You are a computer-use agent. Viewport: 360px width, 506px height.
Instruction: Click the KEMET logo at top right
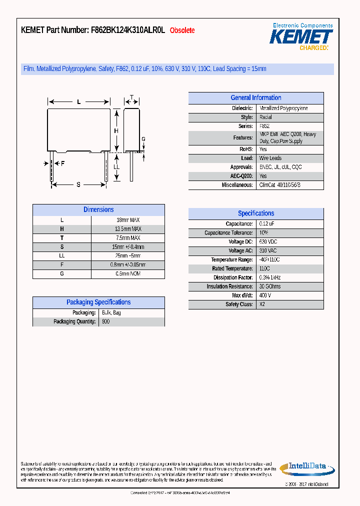(301, 36)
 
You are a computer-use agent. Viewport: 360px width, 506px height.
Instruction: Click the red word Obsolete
(182, 30)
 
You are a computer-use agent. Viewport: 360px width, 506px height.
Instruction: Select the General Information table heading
(255, 98)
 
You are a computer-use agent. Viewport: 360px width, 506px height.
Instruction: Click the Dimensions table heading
(98, 210)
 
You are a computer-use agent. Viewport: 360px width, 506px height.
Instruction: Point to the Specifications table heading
(255, 213)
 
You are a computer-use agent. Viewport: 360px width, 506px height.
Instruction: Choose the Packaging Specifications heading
(98, 302)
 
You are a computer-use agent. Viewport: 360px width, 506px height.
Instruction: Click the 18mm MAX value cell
(128, 220)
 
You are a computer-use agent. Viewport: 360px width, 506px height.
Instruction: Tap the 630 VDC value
(268, 242)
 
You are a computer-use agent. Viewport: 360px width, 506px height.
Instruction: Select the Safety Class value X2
(262, 304)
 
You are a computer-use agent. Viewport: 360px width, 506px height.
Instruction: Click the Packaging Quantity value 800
(105, 321)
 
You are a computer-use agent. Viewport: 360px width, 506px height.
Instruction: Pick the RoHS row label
(246, 149)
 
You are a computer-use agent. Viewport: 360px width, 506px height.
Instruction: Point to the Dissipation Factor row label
(233, 277)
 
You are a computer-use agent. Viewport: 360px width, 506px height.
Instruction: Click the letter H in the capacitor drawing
(116, 131)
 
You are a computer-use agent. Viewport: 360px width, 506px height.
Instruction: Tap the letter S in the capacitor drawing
(78, 185)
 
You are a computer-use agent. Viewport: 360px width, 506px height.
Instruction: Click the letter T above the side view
(131, 97)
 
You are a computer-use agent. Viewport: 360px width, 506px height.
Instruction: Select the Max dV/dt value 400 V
(265, 295)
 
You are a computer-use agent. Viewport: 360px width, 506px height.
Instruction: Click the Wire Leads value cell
(270, 158)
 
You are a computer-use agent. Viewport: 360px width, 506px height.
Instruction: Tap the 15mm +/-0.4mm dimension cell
(128, 247)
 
